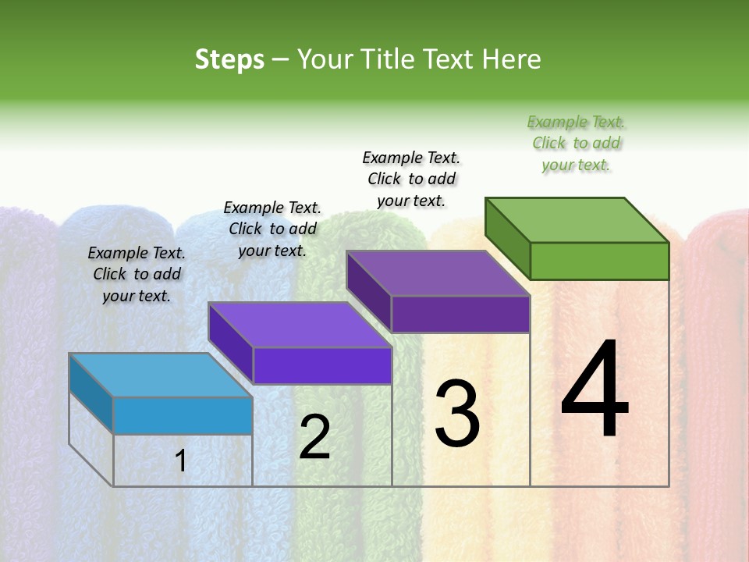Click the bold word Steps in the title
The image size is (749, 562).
click(x=229, y=59)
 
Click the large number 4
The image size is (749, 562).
click(x=595, y=389)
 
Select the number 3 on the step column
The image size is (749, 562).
click(x=457, y=414)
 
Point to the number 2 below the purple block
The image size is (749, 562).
click(x=314, y=437)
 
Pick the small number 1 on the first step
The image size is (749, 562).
click(x=181, y=461)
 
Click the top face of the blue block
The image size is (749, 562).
click(x=161, y=375)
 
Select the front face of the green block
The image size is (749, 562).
click(x=599, y=261)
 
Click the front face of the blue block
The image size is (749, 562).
click(x=183, y=415)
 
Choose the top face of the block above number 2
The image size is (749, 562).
click(x=300, y=325)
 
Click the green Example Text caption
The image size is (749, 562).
click(x=577, y=144)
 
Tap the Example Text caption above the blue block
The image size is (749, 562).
click(x=137, y=274)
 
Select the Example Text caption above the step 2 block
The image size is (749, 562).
click(x=272, y=229)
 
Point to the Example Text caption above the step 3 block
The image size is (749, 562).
click(x=411, y=179)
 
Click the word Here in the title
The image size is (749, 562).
click(x=511, y=59)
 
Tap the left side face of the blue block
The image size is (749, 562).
click(x=91, y=394)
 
